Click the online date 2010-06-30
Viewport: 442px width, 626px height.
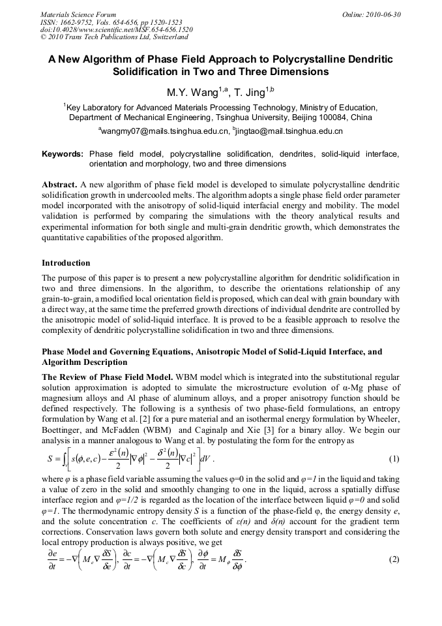click(x=381, y=14)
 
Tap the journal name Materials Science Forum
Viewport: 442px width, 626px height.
click(x=78, y=14)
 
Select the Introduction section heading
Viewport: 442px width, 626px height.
click(x=66, y=263)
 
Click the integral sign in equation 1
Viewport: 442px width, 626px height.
click(x=61, y=459)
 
